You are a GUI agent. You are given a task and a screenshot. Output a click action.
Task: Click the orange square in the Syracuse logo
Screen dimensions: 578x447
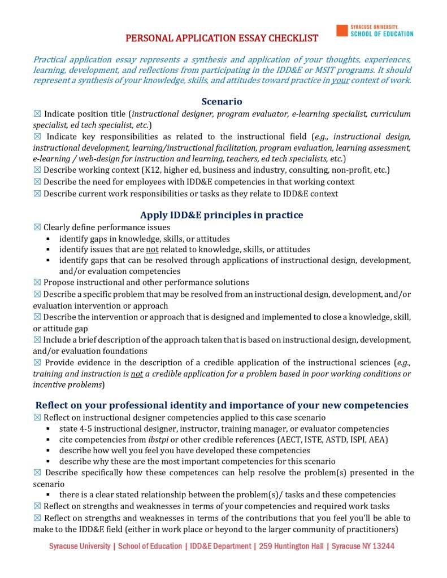coord(341,30)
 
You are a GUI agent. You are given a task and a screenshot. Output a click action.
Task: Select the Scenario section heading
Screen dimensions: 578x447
coord(222,102)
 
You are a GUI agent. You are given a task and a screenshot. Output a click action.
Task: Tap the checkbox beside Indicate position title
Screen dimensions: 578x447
coord(37,114)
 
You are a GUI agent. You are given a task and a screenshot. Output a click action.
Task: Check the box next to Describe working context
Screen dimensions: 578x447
coord(37,170)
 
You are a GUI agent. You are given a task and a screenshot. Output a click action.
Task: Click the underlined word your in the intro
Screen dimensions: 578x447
coord(339,80)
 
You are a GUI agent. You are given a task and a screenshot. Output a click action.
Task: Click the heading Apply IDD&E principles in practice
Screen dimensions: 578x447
coord(222,215)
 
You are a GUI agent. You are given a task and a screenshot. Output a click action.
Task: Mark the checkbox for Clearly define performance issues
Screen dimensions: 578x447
coord(37,227)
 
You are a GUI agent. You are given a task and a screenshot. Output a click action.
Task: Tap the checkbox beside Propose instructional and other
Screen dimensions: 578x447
coord(37,282)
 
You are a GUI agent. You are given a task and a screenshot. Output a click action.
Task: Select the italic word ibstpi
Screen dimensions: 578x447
coord(159,439)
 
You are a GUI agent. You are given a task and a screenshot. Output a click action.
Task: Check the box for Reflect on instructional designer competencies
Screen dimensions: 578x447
coord(37,418)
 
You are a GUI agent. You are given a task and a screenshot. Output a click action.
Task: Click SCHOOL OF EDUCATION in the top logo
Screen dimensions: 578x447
coord(381,34)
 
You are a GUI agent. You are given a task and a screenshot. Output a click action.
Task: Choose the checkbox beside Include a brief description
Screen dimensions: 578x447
coord(37,340)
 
